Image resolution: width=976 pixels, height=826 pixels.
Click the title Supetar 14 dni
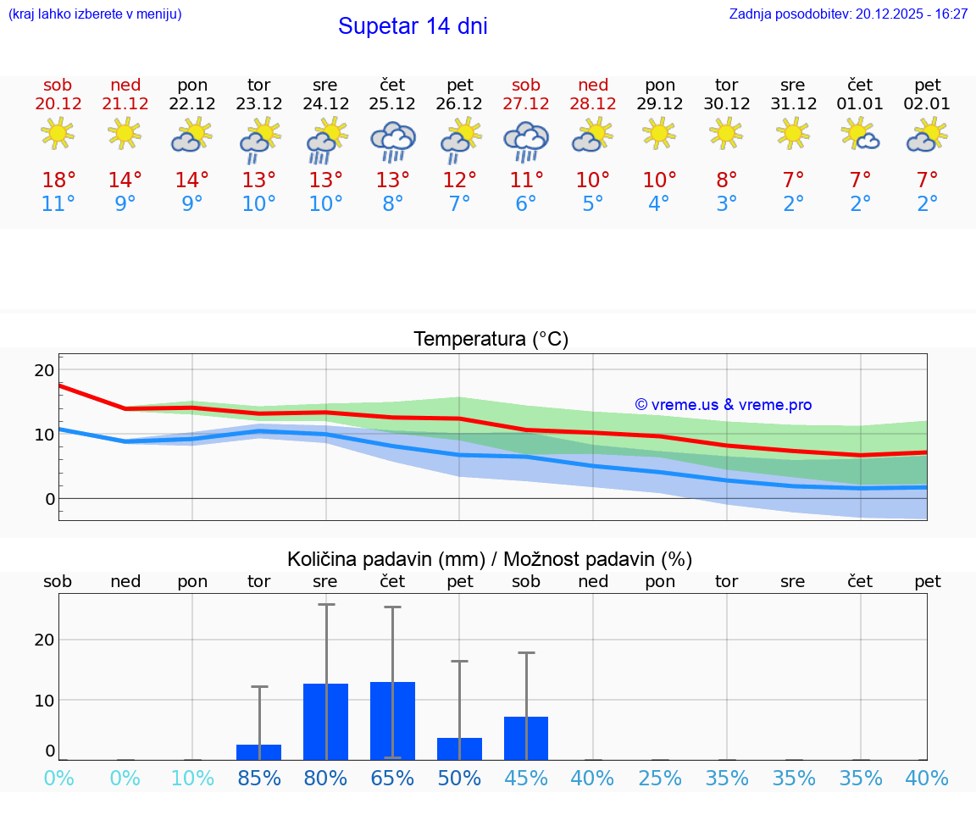point(413,26)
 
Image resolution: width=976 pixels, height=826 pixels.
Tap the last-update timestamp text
point(848,14)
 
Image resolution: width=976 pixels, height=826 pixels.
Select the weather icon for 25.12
point(392,141)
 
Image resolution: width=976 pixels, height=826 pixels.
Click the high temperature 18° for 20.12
point(58,180)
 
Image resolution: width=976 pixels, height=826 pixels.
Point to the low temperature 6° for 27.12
point(526,204)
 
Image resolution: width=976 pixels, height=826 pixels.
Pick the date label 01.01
point(860,104)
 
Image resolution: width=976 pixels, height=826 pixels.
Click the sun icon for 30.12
point(726,133)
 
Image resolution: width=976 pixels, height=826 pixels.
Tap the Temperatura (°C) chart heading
point(491,340)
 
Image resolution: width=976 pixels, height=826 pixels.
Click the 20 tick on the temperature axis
point(44,370)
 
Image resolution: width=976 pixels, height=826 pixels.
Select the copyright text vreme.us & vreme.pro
point(723,405)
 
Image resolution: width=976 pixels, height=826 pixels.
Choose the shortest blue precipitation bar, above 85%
point(259,751)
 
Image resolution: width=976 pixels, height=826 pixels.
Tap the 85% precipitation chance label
point(259,778)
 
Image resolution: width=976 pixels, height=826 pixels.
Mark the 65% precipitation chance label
point(392,778)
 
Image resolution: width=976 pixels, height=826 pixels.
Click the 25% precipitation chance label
point(660,778)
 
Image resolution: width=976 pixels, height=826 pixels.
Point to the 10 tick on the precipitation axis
point(44,700)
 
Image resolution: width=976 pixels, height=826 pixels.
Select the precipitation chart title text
point(490,559)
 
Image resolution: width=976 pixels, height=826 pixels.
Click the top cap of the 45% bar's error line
point(526,652)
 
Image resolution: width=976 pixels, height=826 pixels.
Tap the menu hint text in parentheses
point(95,14)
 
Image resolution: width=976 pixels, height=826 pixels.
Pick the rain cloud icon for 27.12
point(526,141)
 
